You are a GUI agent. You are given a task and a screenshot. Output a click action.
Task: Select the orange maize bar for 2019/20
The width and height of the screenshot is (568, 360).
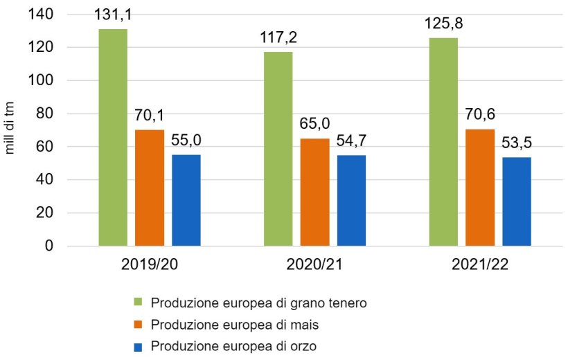click(150, 188)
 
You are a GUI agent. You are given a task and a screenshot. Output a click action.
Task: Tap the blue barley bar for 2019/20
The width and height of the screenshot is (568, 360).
click(186, 200)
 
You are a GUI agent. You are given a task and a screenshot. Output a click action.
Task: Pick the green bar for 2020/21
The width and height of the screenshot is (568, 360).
click(278, 149)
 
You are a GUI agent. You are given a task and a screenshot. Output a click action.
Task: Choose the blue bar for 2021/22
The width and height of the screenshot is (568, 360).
click(517, 201)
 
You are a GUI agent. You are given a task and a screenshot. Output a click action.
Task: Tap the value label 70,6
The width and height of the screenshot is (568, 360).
click(479, 115)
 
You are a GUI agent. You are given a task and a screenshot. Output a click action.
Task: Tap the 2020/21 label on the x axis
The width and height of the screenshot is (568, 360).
click(314, 267)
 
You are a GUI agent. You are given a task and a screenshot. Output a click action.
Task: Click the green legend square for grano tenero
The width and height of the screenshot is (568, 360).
click(137, 303)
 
